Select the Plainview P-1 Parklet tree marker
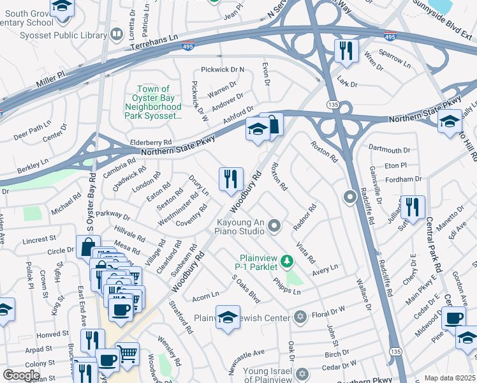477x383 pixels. click(x=287, y=260)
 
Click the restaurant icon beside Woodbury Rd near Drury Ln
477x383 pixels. click(x=231, y=179)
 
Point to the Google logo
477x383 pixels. click(x=21, y=375)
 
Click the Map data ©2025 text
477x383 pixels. click(x=450, y=378)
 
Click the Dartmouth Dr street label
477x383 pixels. click(x=389, y=150)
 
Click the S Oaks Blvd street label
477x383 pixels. click(x=247, y=289)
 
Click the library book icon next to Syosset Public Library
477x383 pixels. click(x=117, y=34)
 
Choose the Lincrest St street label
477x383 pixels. click(x=40, y=241)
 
